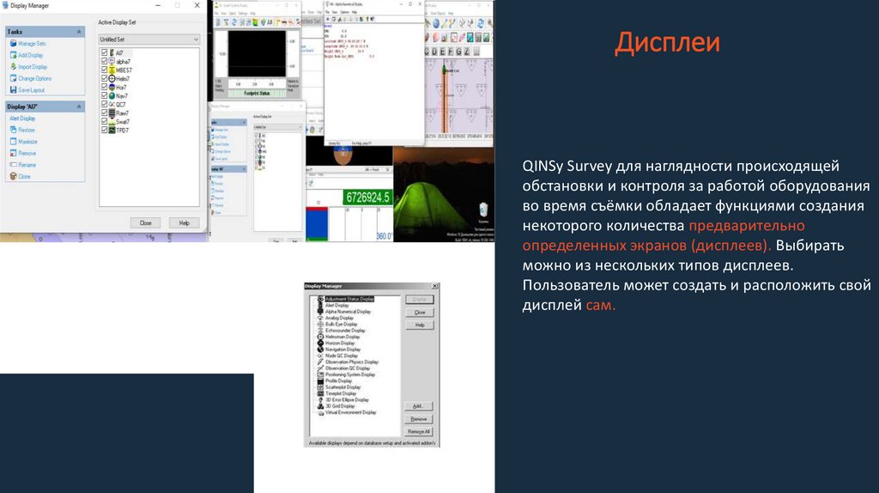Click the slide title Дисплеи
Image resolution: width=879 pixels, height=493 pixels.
(x=666, y=43)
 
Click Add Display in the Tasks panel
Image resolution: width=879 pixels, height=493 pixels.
(x=30, y=55)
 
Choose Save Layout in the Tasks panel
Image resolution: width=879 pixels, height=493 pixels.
(x=31, y=90)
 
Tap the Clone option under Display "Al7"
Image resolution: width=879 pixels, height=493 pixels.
(x=24, y=176)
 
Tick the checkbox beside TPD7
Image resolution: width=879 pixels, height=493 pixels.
(x=105, y=131)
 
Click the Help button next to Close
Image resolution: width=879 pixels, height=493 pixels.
(x=184, y=222)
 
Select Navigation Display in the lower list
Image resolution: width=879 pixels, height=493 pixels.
(x=343, y=350)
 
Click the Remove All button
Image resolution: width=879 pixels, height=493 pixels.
(x=420, y=431)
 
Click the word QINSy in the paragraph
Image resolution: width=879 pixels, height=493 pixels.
(x=542, y=165)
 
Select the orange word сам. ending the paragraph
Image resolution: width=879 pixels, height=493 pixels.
(x=601, y=305)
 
